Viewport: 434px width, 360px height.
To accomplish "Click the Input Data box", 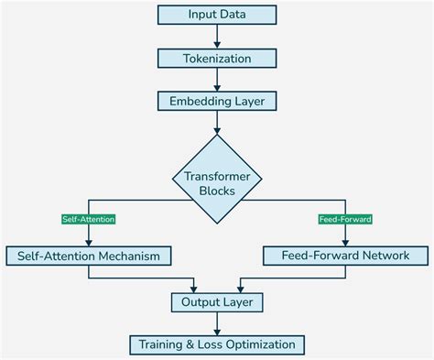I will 217,15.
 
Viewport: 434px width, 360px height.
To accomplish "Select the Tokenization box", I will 217,58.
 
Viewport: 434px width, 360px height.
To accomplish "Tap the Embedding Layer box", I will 217,101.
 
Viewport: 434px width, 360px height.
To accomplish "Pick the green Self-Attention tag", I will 89,220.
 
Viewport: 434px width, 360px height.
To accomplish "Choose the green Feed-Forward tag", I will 345,220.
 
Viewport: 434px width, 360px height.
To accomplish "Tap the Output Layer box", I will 217,300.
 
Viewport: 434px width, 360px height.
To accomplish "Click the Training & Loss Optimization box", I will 217,344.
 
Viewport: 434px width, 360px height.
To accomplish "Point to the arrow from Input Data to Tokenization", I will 217,37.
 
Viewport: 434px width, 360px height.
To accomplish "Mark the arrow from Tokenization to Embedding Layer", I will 217,80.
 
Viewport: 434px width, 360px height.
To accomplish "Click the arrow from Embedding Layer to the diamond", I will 217,123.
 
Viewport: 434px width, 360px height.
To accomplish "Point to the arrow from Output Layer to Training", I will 217,322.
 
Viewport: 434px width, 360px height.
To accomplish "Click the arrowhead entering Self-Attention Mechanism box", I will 89,241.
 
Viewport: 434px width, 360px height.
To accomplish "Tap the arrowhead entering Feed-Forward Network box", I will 345,241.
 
